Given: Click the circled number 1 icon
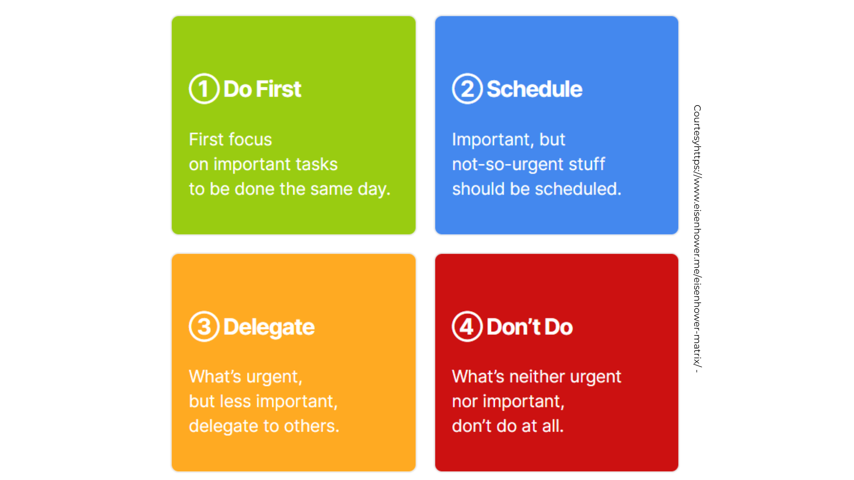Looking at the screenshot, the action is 204,89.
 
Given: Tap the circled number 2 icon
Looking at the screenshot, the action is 467,89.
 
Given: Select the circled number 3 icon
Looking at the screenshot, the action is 204,326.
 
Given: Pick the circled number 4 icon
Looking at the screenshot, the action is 467,326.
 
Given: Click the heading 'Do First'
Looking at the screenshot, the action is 262,89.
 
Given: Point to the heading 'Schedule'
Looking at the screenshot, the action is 535,89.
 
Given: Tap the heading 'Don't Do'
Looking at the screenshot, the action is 530,327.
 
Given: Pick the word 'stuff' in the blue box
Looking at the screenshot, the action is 587,164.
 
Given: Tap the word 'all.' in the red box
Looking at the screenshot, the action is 553,426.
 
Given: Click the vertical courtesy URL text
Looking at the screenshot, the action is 697,238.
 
